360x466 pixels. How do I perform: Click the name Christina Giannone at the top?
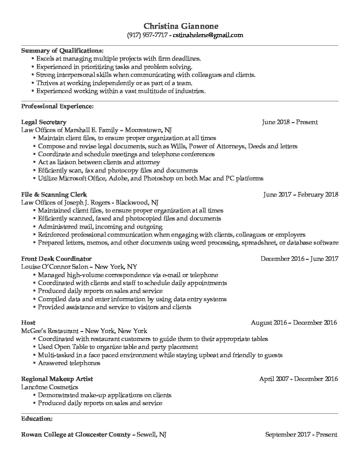(181, 26)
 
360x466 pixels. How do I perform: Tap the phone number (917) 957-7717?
(147, 35)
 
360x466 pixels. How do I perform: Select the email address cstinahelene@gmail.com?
(208, 35)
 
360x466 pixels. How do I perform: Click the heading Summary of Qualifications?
(62, 51)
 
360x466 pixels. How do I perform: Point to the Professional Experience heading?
(57, 106)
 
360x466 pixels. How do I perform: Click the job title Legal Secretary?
(44, 122)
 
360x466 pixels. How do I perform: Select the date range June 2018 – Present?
(290, 122)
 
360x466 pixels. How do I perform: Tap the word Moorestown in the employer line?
(144, 130)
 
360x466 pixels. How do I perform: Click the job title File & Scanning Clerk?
(54, 194)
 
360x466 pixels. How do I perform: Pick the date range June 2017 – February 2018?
(301, 194)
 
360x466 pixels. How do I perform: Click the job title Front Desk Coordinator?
(56, 258)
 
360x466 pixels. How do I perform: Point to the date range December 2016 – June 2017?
(299, 258)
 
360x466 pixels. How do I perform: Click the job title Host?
(28, 322)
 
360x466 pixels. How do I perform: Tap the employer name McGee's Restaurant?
(50, 331)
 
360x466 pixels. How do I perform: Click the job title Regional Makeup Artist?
(57, 379)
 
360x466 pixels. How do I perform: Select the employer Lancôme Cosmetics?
(50, 387)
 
